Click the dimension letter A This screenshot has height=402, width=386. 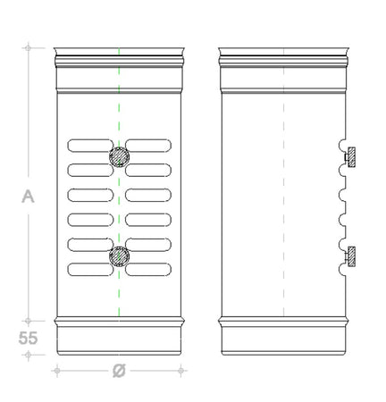[27, 197]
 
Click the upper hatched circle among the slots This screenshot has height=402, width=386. [119, 156]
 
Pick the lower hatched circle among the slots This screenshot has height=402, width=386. [119, 256]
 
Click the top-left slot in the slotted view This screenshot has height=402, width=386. [88, 144]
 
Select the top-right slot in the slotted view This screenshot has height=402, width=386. [148, 144]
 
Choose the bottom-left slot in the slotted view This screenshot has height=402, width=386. [88, 268]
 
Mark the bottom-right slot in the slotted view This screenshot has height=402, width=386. [148, 268]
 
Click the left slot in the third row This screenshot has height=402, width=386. [88, 194]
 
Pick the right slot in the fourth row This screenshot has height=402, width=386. [148, 219]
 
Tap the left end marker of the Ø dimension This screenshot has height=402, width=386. [56, 370]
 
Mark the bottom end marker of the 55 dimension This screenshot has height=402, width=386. [29, 355]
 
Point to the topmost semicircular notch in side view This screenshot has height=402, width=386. [344, 144]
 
